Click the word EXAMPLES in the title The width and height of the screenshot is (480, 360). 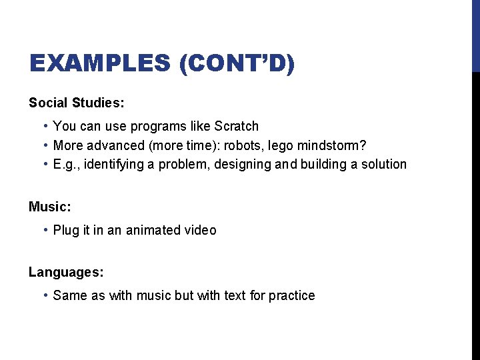coord(100,64)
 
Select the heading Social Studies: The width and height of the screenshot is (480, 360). coord(77,103)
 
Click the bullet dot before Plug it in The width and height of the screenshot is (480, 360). coord(44,230)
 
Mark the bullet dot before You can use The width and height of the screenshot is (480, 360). coord(44,126)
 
